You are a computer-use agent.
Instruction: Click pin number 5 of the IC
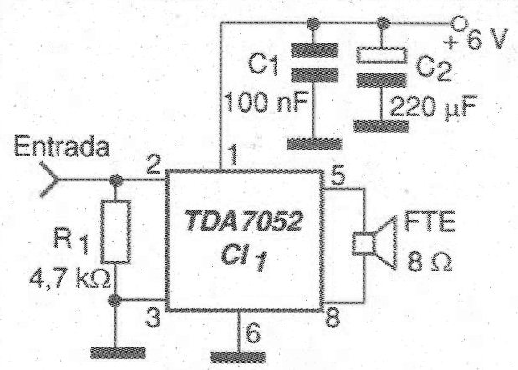coord(338,175)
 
